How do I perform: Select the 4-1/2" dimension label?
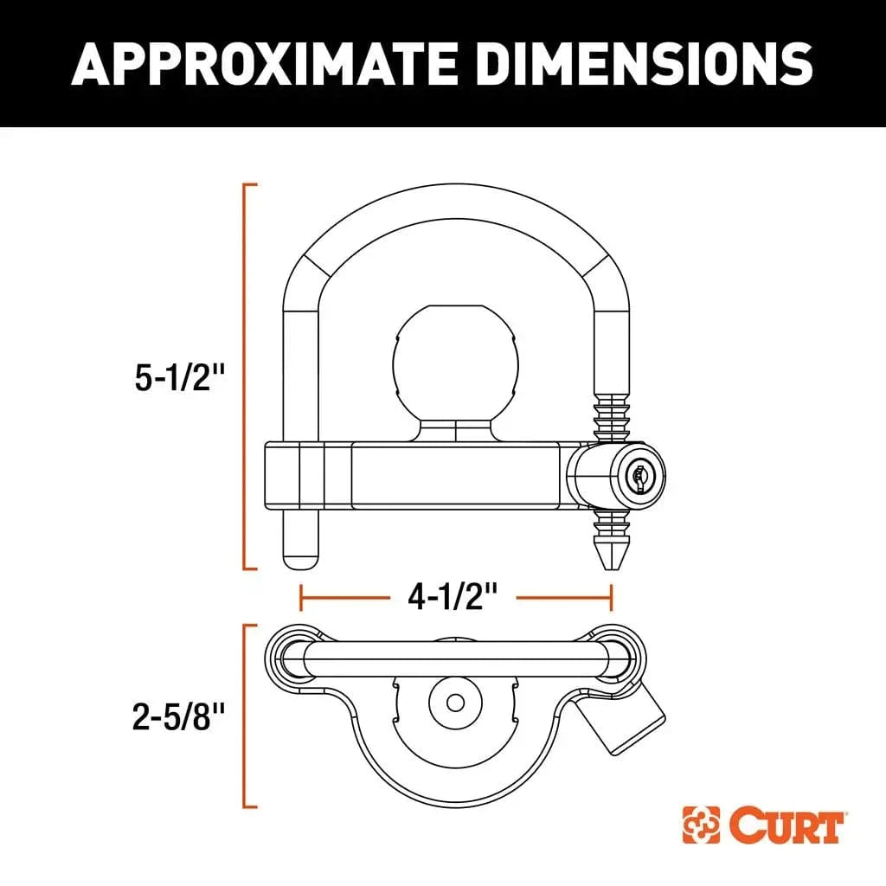click(x=456, y=597)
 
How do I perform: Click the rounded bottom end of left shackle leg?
click(x=300, y=559)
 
